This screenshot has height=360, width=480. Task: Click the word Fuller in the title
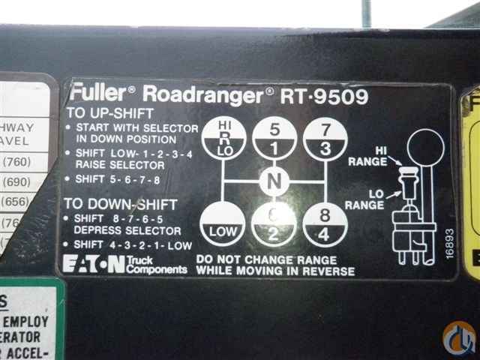[x=97, y=94]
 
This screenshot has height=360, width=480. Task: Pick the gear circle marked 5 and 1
[x=273, y=137]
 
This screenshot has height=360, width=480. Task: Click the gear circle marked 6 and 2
[x=273, y=225]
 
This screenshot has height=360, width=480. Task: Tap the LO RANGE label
[x=365, y=199]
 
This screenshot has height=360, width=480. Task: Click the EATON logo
[x=94, y=264]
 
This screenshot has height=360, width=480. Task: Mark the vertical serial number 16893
[x=448, y=244]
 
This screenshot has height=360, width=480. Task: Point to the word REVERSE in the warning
[x=326, y=271]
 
